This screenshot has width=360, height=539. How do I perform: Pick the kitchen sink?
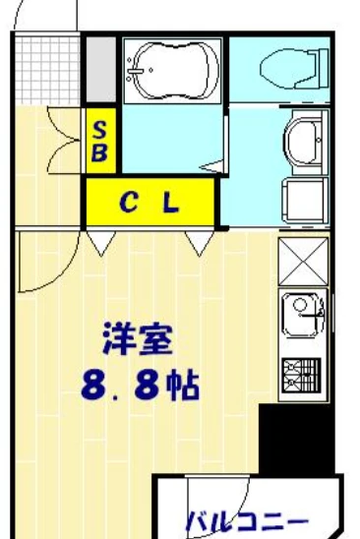tap(302, 317)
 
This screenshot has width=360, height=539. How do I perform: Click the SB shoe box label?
tap(100, 141)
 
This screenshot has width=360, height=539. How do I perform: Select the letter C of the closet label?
tap(128, 204)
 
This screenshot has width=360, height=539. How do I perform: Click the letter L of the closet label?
tap(170, 204)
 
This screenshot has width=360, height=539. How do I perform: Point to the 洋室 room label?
tap(138, 340)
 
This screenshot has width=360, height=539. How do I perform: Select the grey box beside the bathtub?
tap(100, 71)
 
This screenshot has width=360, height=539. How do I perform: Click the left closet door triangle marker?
tap(98, 242)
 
